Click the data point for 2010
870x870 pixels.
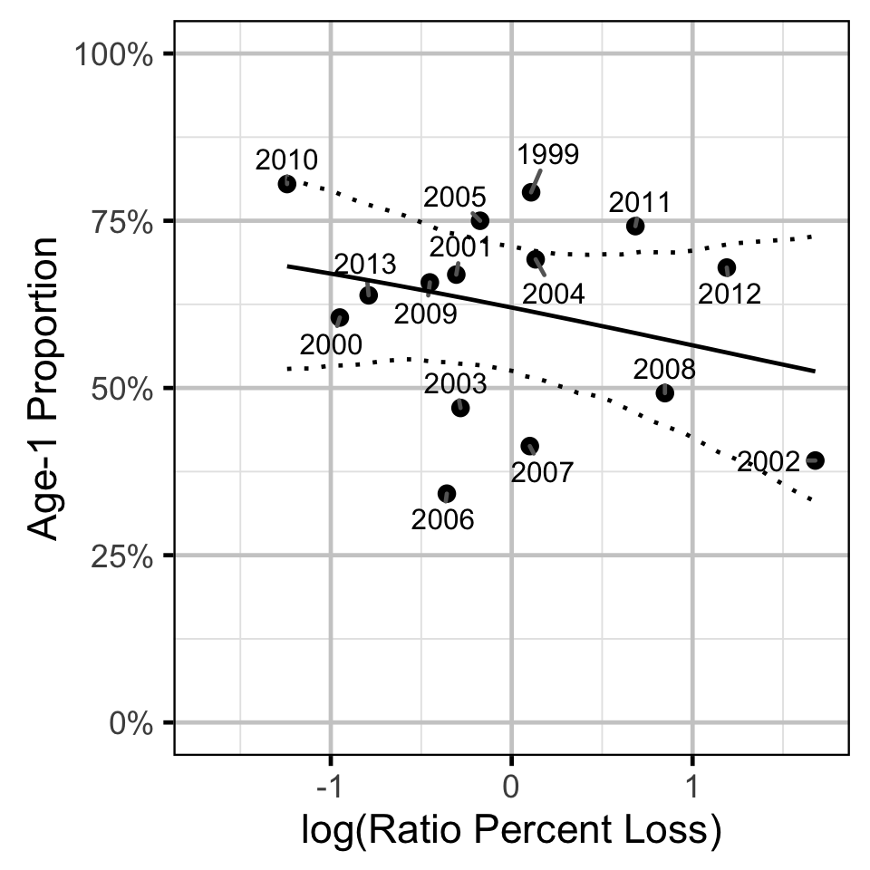[287, 184]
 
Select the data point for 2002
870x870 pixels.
[815, 460]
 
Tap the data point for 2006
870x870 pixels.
[446, 493]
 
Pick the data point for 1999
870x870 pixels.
[531, 191]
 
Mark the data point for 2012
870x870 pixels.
[726, 267]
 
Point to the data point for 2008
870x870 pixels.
[664, 392]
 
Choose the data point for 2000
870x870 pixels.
[340, 317]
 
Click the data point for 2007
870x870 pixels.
[529, 445]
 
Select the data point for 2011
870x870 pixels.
[635, 226]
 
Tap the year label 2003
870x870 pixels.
[456, 384]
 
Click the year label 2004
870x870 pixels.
[553, 294]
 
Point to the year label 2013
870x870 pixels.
[365, 265]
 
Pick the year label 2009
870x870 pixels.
[425, 314]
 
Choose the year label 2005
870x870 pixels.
[455, 197]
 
